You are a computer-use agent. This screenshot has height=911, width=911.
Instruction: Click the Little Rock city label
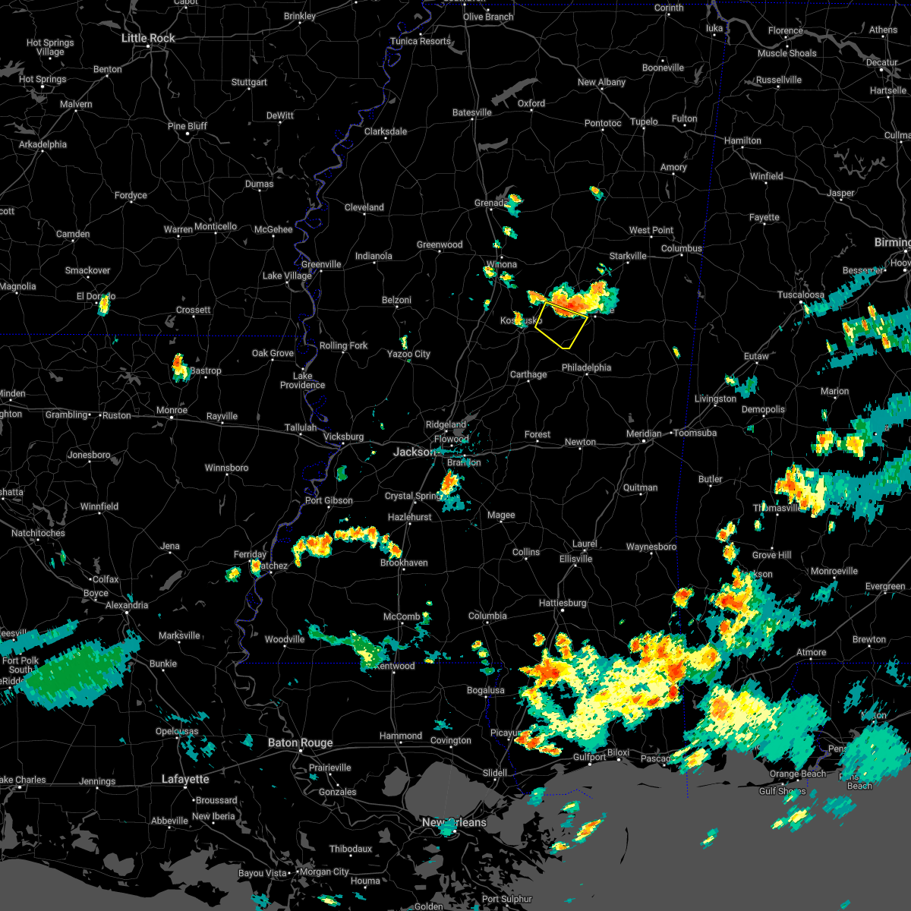tap(148, 38)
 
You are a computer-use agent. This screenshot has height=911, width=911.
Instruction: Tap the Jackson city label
tap(415, 452)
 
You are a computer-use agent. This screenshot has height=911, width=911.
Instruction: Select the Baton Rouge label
tap(300, 742)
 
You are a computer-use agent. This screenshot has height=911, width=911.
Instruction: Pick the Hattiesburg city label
tap(563, 603)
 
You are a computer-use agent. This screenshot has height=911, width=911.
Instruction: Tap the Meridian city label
tap(643, 433)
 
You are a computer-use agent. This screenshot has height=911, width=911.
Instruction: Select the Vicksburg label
tap(343, 437)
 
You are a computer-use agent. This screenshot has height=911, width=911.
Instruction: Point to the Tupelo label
tap(644, 121)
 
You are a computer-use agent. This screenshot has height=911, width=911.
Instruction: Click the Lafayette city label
tap(185, 779)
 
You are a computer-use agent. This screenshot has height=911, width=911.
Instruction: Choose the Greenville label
tap(321, 264)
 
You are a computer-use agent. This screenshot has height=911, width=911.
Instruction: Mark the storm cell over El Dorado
tap(104, 305)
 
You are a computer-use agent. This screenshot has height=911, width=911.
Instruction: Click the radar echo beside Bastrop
tap(180, 367)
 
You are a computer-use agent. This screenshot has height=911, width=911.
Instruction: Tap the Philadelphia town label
tap(586, 367)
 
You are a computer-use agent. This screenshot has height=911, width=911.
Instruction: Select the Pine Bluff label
tap(187, 126)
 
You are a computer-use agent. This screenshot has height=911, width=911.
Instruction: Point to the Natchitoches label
tap(38, 533)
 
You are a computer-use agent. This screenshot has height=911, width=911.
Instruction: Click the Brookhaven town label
tap(404, 563)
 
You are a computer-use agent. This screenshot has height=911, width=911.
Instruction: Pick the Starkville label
tap(628, 256)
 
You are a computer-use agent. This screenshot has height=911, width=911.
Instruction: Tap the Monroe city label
tap(172, 410)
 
